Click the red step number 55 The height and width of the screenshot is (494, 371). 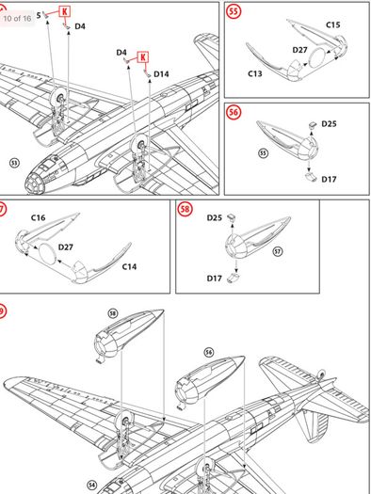(x=234, y=11)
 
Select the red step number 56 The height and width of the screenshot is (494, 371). (x=234, y=112)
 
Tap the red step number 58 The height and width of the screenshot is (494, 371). (x=185, y=209)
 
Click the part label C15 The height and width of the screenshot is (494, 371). (x=333, y=24)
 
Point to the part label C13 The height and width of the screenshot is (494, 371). (x=255, y=73)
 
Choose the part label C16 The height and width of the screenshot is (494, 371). (x=38, y=217)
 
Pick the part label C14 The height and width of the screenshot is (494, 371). (x=129, y=267)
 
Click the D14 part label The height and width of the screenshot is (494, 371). (x=161, y=74)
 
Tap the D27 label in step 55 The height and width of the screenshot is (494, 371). (x=299, y=50)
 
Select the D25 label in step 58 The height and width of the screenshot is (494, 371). (x=215, y=217)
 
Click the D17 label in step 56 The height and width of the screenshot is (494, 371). (x=329, y=180)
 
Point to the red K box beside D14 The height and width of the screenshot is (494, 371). (x=143, y=57)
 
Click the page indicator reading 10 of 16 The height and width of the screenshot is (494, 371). (x=17, y=18)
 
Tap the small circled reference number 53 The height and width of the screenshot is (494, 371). (x=14, y=163)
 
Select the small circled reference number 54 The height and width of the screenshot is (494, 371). (x=91, y=485)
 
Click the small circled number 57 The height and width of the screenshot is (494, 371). (x=278, y=251)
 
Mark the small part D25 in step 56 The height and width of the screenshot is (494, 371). (x=313, y=125)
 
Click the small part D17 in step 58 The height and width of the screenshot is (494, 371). (x=234, y=278)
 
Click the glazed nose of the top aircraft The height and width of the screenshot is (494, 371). (x=36, y=183)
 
